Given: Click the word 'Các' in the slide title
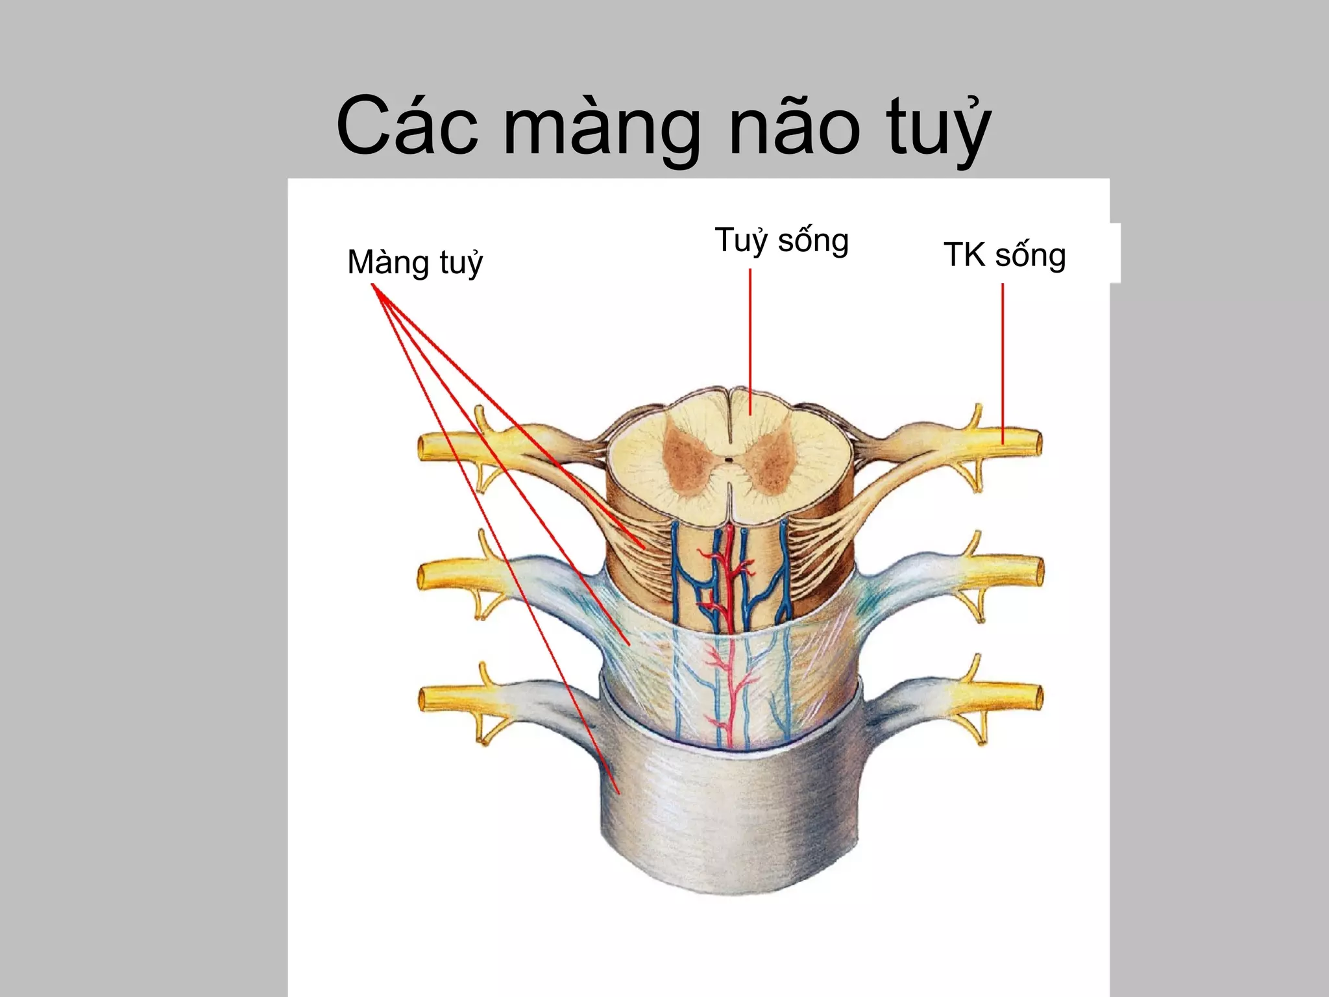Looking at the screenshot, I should point(407,127).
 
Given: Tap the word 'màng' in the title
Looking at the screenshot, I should point(602,130).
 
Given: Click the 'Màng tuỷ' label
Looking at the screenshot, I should point(415,264).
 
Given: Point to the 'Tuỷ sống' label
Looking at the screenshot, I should point(781,241).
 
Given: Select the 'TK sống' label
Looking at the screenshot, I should point(1005,255).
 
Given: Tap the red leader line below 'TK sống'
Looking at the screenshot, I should point(1003,363).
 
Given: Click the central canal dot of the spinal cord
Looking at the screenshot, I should point(729,460).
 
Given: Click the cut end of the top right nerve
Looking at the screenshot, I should point(1037,445).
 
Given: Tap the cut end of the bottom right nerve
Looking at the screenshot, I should point(1038,698).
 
